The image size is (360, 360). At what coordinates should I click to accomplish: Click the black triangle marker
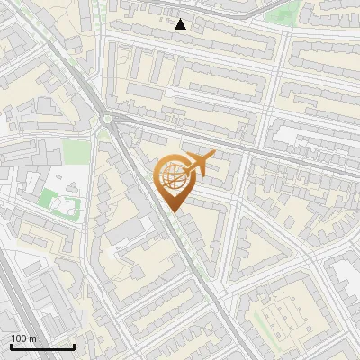tap(181, 24)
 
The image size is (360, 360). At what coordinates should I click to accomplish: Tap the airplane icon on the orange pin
tap(201, 163)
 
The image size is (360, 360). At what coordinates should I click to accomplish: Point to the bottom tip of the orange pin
tap(171, 211)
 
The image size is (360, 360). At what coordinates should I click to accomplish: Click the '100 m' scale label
tap(24, 338)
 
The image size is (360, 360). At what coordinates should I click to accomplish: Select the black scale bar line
tap(42, 346)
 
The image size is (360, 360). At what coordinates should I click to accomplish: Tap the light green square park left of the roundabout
tap(76, 150)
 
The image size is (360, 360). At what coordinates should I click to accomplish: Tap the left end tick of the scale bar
tap(11, 346)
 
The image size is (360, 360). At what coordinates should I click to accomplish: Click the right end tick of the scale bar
tap(74, 346)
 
